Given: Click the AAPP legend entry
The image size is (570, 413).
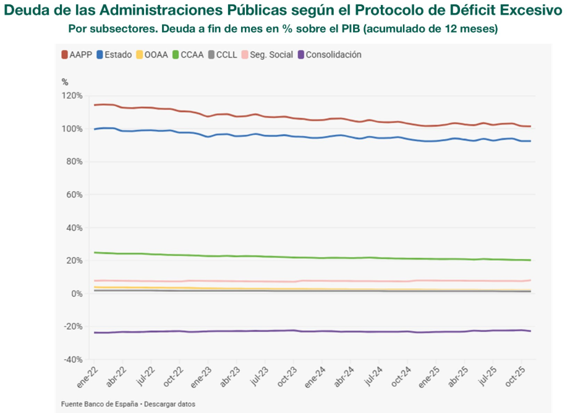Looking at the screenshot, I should point(77,54).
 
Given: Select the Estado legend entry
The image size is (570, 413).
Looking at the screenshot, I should point(114,54).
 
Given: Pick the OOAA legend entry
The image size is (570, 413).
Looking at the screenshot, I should point(152,54).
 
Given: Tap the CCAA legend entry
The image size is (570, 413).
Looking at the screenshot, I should point(187,54).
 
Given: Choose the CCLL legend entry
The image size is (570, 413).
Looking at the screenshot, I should point(222,54).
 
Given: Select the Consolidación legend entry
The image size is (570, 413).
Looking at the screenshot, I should point(330,54).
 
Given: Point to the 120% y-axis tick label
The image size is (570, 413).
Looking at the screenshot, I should point(72,96).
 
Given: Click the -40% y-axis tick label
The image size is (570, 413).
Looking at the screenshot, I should point(72,359).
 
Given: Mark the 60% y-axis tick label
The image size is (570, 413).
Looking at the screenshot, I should point(74,195).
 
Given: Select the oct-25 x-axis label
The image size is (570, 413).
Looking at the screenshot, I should point(516,376).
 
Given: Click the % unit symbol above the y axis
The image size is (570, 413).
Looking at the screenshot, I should point(64,82).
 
